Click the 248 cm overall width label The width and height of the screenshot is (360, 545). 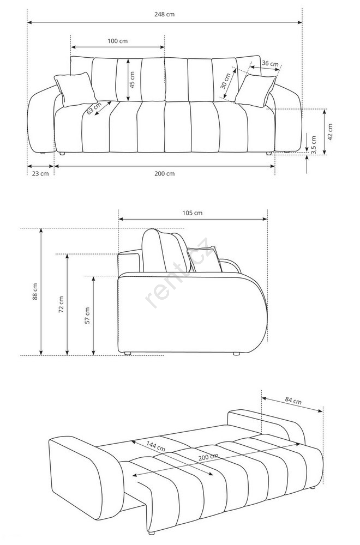[164, 14]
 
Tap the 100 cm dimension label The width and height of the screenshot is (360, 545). [118, 41]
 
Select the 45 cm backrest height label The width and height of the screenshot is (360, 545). [133, 80]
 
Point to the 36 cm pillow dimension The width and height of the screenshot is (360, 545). [270, 64]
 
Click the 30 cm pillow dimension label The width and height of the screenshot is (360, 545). [225, 81]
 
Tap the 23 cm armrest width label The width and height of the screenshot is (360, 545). [40, 173]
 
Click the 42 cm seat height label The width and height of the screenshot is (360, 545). [330, 132]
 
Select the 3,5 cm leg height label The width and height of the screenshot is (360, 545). [314, 144]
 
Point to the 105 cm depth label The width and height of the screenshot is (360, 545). [193, 213]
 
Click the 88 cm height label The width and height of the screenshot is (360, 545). [35, 292]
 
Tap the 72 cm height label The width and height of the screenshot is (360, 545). [61, 305]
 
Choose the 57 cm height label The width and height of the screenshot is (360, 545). [87, 316]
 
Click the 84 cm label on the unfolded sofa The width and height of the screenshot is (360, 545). [293, 400]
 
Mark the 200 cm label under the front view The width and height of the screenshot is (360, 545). [165, 173]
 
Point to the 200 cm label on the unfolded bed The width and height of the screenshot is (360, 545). [208, 457]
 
